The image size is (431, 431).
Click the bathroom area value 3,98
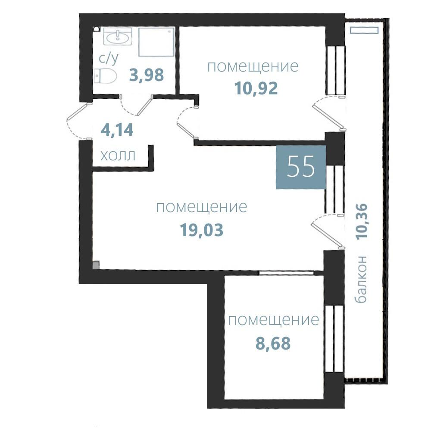[x=147, y=75]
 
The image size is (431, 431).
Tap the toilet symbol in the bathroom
[x=105, y=76]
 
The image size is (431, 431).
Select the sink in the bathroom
[x=118, y=37]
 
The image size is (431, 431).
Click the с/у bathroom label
[x=109, y=58]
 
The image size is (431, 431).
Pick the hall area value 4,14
[x=117, y=130]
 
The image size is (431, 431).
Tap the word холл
[x=118, y=156]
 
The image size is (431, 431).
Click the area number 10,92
[x=256, y=88]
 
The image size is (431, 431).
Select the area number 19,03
[x=201, y=230]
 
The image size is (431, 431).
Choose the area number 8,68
[x=273, y=344]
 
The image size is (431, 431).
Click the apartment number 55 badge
[x=301, y=167]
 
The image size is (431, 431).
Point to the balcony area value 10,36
[x=362, y=222]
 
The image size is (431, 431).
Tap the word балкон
[x=361, y=279]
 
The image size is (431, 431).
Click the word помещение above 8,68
[x=274, y=320]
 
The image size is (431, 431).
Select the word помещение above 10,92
[x=253, y=66]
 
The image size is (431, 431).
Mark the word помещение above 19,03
[x=201, y=207]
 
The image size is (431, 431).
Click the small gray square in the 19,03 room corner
[x=96, y=265]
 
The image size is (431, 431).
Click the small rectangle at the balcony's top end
[x=365, y=30]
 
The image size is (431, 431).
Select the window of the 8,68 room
[x=334, y=339]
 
